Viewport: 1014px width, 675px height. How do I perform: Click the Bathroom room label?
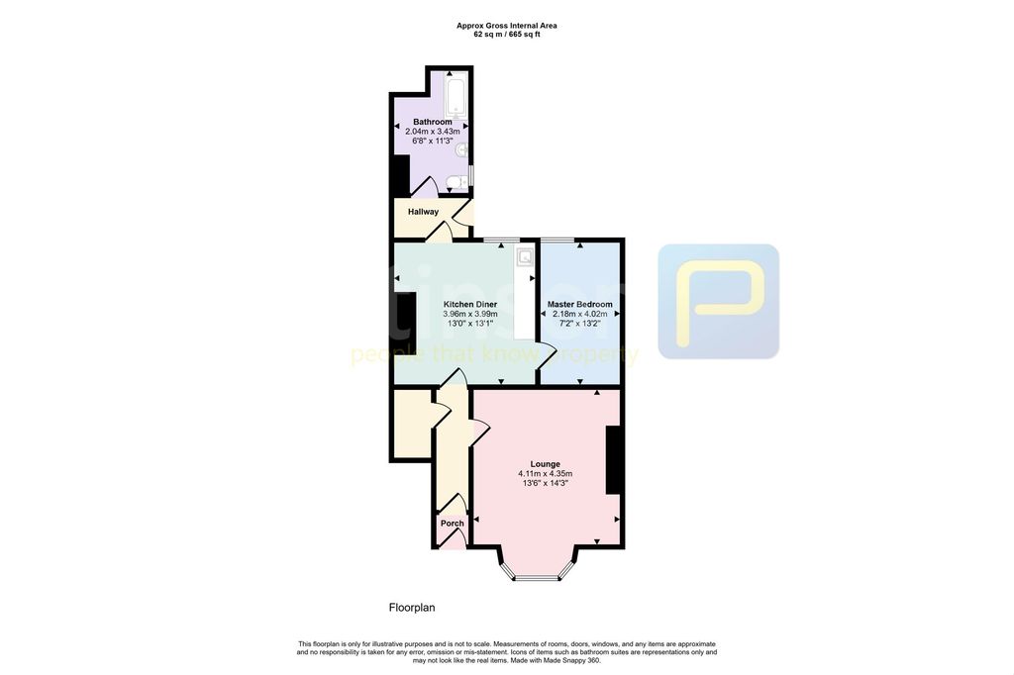tap(433, 122)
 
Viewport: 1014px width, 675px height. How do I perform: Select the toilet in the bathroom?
tap(455, 182)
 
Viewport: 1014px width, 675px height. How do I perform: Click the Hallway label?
tap(423, 212)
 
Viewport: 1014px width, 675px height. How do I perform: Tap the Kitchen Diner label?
tap(470, 304)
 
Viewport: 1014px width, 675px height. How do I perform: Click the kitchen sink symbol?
tap(524, 257)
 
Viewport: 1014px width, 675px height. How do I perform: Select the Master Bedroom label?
tap(580, 304)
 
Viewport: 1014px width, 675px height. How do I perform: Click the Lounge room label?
tap(545, 463)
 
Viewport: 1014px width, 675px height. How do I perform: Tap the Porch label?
tap(452, 524)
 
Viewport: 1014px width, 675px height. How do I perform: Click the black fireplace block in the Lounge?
tap(614, 459)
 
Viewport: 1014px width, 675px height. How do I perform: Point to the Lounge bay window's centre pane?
tap(537, 577)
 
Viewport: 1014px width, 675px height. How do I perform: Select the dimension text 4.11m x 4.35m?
tap(545, 474)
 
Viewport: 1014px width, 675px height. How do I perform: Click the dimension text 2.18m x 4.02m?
tap(580, 315)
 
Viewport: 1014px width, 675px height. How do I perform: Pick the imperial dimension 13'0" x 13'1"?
tap(470, 325)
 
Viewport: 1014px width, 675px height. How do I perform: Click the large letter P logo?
tap(719, 301)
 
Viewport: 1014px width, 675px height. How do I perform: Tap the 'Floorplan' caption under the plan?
tap(411, 608)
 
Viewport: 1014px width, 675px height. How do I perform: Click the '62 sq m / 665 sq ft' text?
tap(506, 35)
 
